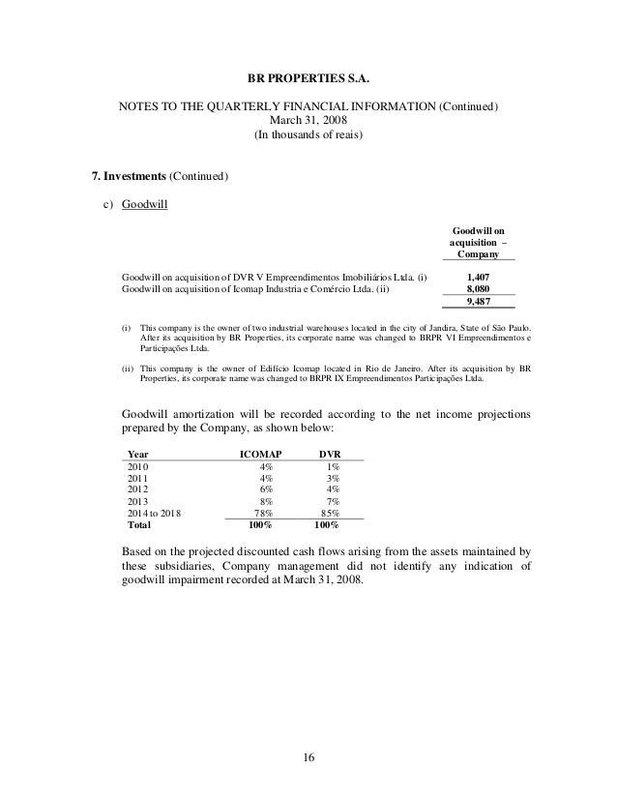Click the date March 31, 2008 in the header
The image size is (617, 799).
[x=308, y=121]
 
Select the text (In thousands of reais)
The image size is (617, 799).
[x=308, y=135]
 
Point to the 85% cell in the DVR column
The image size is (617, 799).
[x=330, y=515]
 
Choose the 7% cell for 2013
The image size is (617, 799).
[x=333, y=502]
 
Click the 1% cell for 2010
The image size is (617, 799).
[x=333, y=464]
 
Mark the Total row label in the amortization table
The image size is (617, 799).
[x=141, y=527]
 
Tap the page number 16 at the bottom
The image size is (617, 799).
[x=308, y=756]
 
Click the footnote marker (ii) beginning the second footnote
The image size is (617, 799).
[x=128, y=369]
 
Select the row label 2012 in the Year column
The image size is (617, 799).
[x=139, y=489]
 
